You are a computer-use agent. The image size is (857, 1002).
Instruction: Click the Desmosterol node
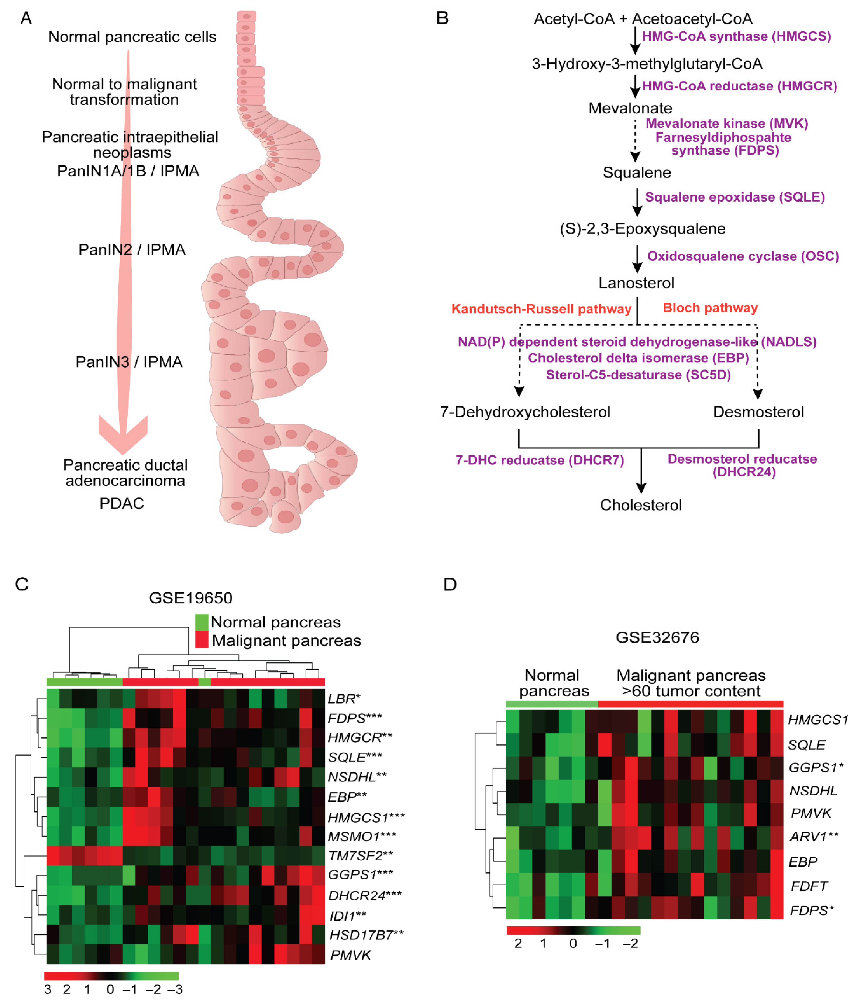[758, 412]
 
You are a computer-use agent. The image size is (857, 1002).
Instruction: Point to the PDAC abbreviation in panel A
[122, 503]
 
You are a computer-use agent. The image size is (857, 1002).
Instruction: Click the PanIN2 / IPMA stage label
[131, 250]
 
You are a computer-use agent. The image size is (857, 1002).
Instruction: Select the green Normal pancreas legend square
[202, 621]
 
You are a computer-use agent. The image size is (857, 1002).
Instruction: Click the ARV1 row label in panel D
[813, 836]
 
